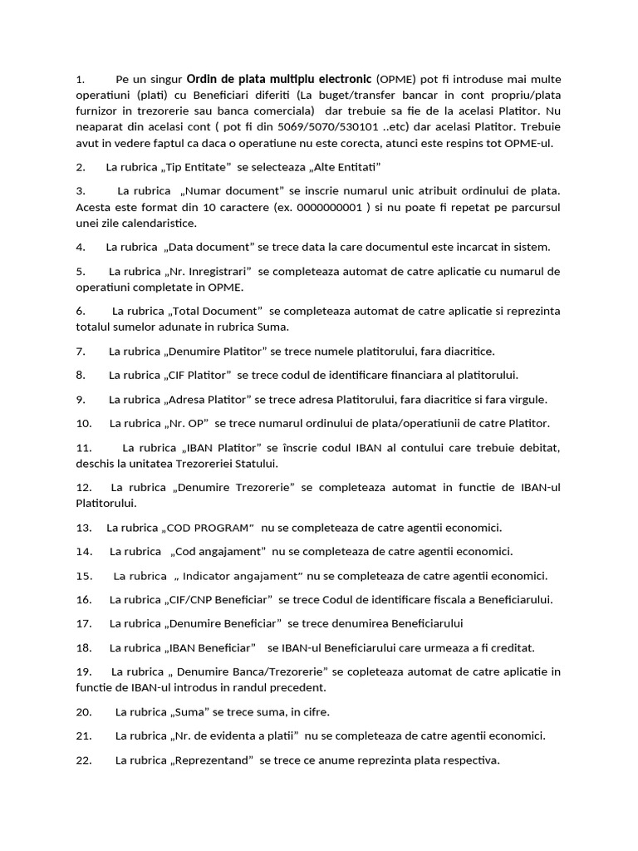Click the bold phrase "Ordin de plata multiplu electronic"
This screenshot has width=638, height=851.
[x=279, y=80]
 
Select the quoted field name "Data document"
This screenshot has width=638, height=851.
[x=209, y=248]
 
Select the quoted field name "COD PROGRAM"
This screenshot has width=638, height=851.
[x=209, y=528]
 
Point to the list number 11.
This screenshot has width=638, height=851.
[x=83, y=447]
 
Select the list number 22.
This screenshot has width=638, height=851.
[x=83, y=759]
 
